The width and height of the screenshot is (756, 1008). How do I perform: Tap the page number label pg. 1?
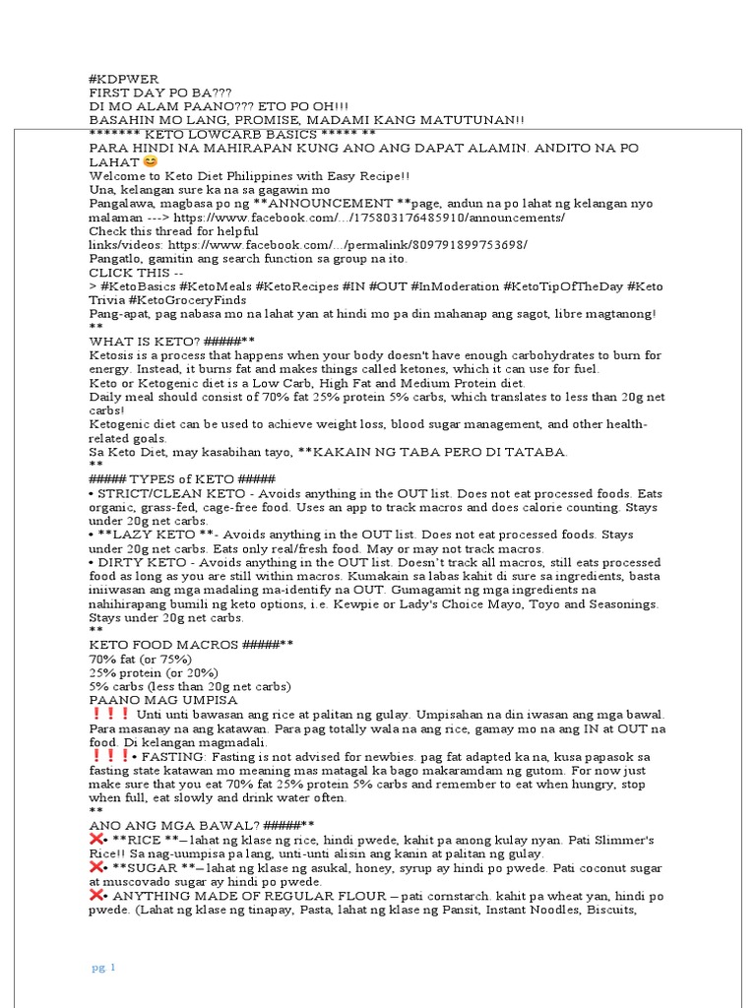click(x=104, y=969)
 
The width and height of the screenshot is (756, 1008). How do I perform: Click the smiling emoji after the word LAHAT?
click(x=149, y=161)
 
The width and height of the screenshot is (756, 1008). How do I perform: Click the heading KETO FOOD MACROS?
click(x=162, y=645)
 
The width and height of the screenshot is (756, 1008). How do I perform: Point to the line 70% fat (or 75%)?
click(x=140, y=659)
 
